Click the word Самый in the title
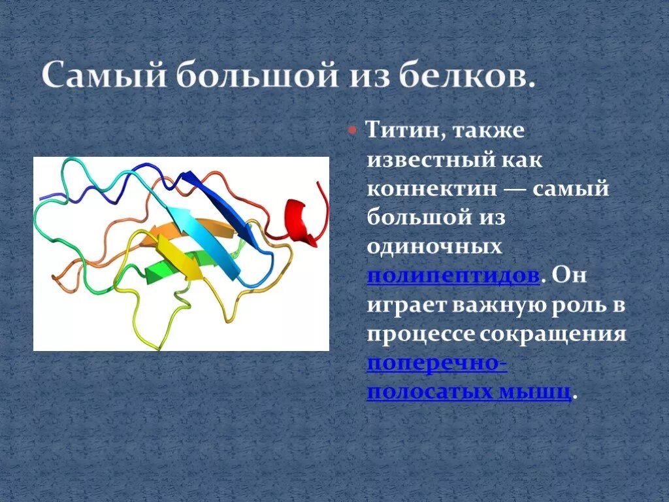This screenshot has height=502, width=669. tap(104, 75)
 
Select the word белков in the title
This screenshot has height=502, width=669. tap(467, 75)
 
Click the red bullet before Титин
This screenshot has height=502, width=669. tap(352, 129)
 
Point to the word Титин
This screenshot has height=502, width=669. tap(404, 129)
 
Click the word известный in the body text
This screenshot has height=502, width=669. tap(429, 160)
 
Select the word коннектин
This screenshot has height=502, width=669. tap(432, 189)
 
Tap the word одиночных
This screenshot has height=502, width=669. tap(434, 246)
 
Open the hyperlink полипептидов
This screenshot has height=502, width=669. tap(453, 276)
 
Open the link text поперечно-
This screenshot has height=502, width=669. tap(437, 363)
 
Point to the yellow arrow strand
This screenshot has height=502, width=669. tap(179, 257)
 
